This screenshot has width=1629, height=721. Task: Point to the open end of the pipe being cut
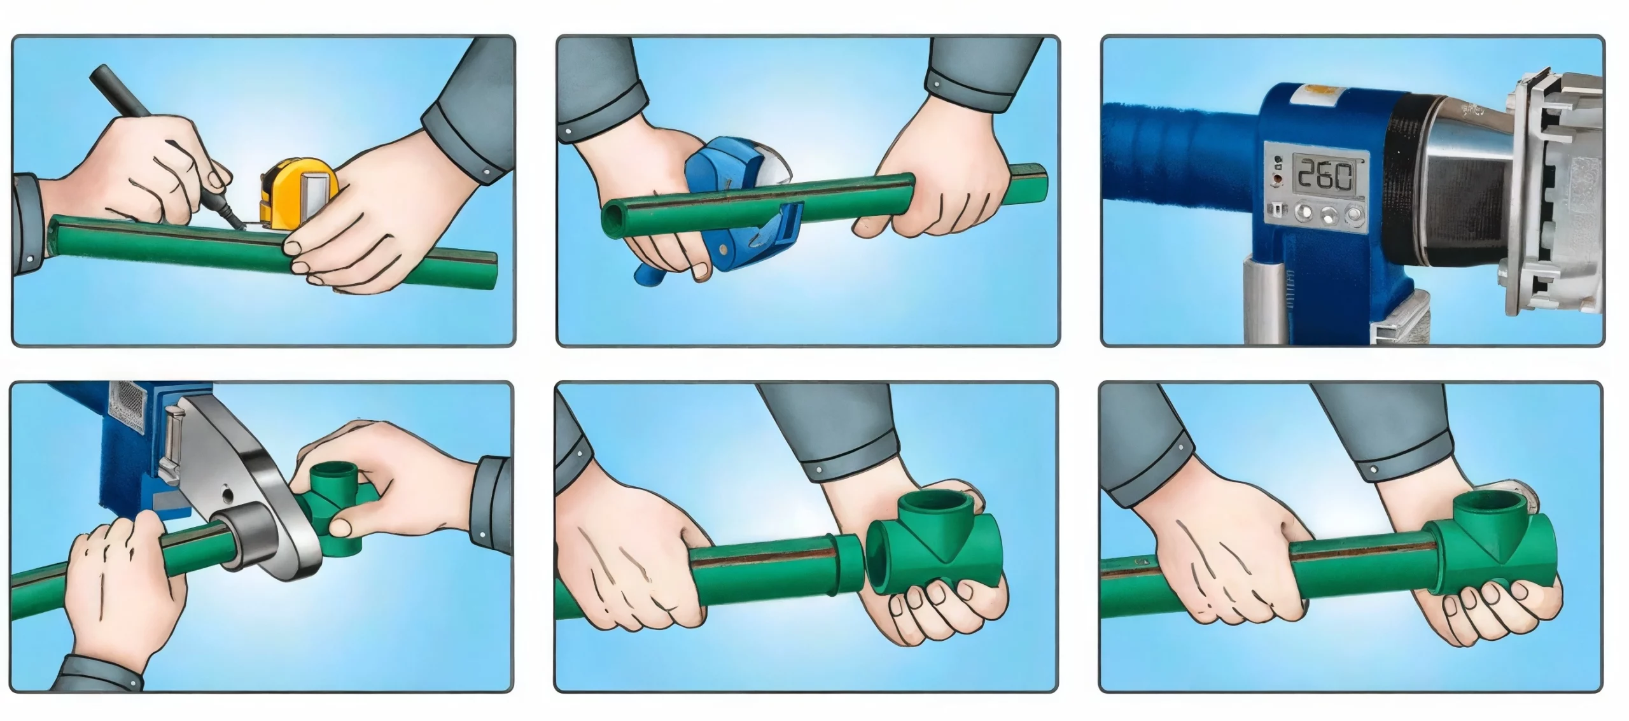point(612,216)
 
